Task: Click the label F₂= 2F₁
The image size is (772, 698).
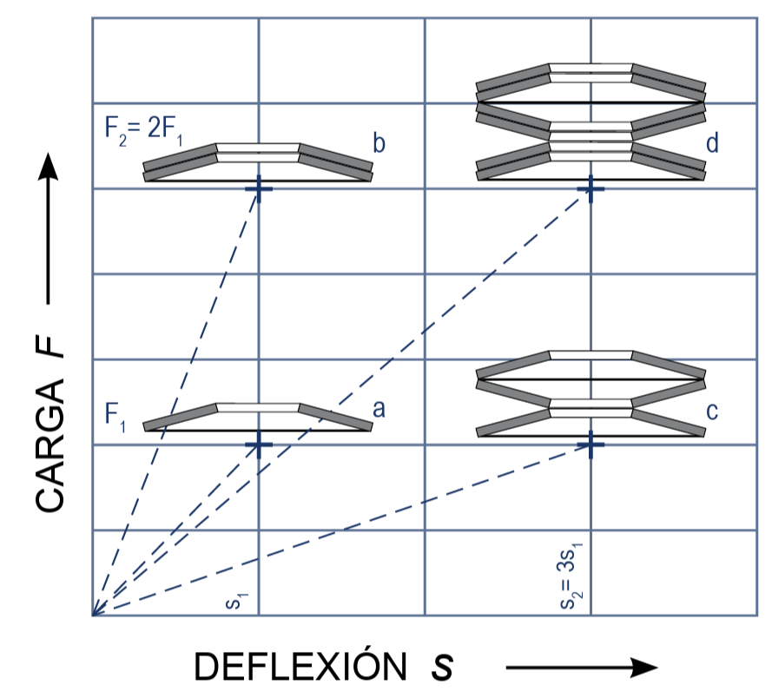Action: coord(144,130)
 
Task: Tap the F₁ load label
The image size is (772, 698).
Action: coord(115,417)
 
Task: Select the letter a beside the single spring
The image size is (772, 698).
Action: coord(379,409)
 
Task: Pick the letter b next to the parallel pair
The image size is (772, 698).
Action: coord(379,143)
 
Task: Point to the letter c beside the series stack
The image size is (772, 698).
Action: coord(712,411)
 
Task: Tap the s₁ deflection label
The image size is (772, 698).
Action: coord(236,602)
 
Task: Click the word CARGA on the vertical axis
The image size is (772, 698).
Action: coord(50,446)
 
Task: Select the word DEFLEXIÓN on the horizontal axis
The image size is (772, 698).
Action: coord(300,667)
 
